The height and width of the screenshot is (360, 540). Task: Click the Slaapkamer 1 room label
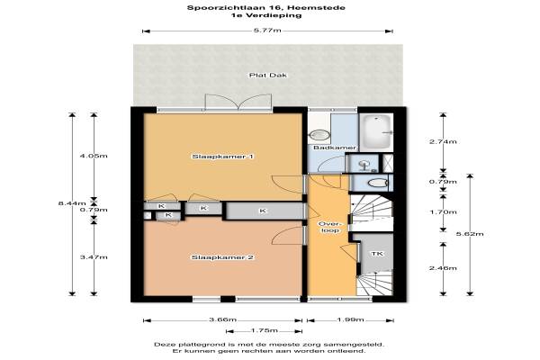[x=223, y=157]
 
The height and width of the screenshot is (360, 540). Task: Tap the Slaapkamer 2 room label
[x=223, y=257]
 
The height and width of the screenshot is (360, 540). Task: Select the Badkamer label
[x=335, y=148]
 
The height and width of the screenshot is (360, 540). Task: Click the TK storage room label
[x=377, y=254]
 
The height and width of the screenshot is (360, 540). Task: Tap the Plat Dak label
[x=268, y=75]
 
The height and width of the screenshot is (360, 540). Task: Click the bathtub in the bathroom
[x=375, y=131]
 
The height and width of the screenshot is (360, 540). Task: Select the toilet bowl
[x=377, y=183]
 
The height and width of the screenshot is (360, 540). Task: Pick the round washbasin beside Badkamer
[x=319, y=135]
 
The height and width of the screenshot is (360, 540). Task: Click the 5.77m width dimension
[x=267, y=31]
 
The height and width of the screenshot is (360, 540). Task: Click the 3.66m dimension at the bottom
[x=223, y=319]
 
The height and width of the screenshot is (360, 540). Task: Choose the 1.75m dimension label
[x=264, y=330]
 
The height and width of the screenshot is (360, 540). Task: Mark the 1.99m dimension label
[x=350, y=319]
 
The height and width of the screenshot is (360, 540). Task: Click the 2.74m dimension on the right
[x=443, y=141]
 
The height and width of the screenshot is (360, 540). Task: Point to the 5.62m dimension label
[x=470, y=234]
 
